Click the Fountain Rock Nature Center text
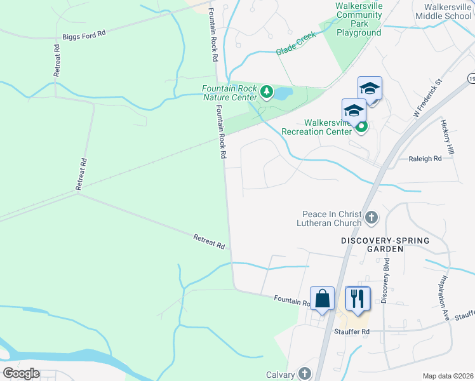(x=229, y=93)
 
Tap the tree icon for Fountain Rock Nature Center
(x=267, y=93)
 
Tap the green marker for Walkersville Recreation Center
(x=361, y=127)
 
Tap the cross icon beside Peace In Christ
(x=371, y=218)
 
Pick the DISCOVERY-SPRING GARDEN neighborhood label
(x=385, y=244)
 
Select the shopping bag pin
(x=322, y=298)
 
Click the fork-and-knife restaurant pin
(x=358, y=298)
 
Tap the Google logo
(x=21, y=373)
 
